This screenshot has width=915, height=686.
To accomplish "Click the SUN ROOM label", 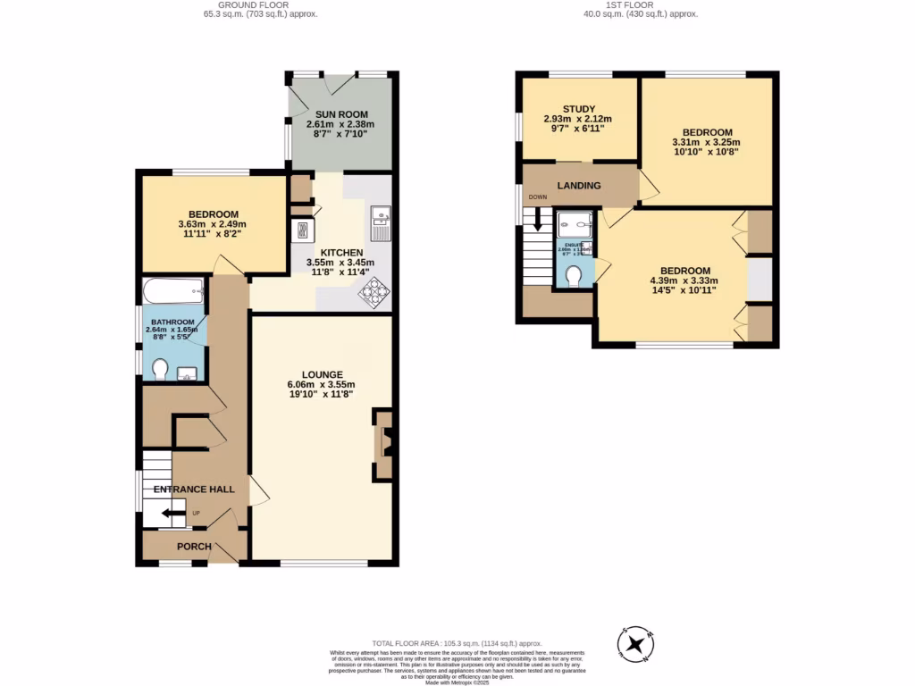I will [x=339, y=114].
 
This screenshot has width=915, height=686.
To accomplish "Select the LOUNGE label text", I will [x=322, y=374].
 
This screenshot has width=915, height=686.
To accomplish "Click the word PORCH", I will [x=194, y=547].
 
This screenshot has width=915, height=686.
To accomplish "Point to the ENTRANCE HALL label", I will [x=194, y=489].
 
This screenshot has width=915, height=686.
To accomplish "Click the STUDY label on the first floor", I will [x=579, y=109].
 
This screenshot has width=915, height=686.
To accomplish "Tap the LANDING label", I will [x=579, y=186].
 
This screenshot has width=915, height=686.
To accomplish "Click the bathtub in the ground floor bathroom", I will [x=172, y=291].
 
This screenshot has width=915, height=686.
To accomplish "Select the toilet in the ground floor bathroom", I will [x=161, y=368].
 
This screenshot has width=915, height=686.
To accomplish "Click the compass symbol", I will [x=635, y=643].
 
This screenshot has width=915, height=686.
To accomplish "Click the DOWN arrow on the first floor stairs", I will [x=538, y=218].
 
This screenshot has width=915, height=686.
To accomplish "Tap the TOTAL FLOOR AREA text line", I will [x=457, y=643].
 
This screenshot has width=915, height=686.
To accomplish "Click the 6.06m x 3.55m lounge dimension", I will [x=322, y=385].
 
